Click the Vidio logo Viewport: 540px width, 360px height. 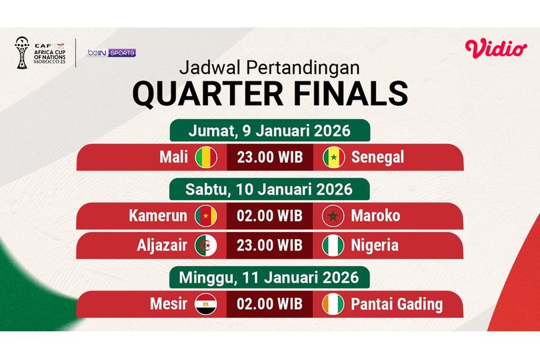coord(496,48)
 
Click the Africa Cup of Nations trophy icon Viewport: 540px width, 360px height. coord(22,53)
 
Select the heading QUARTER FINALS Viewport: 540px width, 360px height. coord(269,94)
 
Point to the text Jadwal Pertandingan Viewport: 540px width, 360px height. coord(269,68)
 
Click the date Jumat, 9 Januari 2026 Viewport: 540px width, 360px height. coord(269,130)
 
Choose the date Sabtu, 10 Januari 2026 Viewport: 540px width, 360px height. coord(269,189)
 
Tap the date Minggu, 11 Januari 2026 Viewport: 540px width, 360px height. coord(269,276)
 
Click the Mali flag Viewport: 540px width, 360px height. coord(206,158)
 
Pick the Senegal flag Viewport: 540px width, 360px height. coord(333,158)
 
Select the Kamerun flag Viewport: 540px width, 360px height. coord(206,216)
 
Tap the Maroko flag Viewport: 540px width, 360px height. coord(333,216)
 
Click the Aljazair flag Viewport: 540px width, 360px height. coord(206,245)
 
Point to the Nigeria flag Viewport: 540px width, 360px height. coord(333,245)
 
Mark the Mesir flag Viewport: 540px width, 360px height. coord(206,305)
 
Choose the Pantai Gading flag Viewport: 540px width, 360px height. coord(333,305)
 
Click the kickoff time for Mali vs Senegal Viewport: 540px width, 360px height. coord(269,158)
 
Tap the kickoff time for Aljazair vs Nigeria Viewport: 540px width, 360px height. coord(269,245)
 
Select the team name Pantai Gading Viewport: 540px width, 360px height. coord(397,305)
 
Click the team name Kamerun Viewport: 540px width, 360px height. coord(157,216)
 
